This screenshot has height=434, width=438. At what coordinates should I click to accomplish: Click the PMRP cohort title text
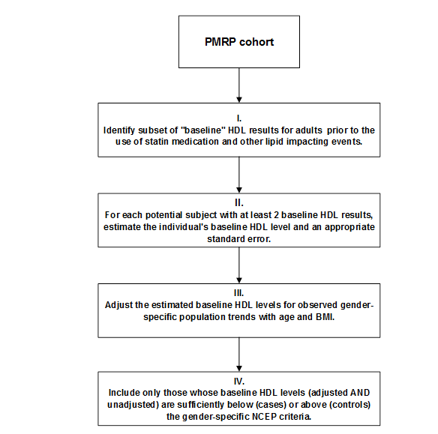(239, 42)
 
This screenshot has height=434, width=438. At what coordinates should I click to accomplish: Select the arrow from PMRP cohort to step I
(239, 85)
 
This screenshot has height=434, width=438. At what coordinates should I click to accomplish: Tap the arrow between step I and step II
(239, 175)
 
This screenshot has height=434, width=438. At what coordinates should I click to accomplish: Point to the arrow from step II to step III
(239, 265)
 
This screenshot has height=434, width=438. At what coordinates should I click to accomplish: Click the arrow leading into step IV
(239, 355)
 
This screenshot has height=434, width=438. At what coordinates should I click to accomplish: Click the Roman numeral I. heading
(239, 118)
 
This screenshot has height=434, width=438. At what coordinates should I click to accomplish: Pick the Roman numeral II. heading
(239, 203)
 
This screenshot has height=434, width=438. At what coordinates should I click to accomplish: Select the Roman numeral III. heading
(238, 293)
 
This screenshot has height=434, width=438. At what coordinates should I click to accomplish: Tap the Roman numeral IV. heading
(239, 381)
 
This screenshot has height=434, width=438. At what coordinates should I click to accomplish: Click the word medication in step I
(195, 142)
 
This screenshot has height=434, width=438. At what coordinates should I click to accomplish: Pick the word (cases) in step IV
(271, 405)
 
